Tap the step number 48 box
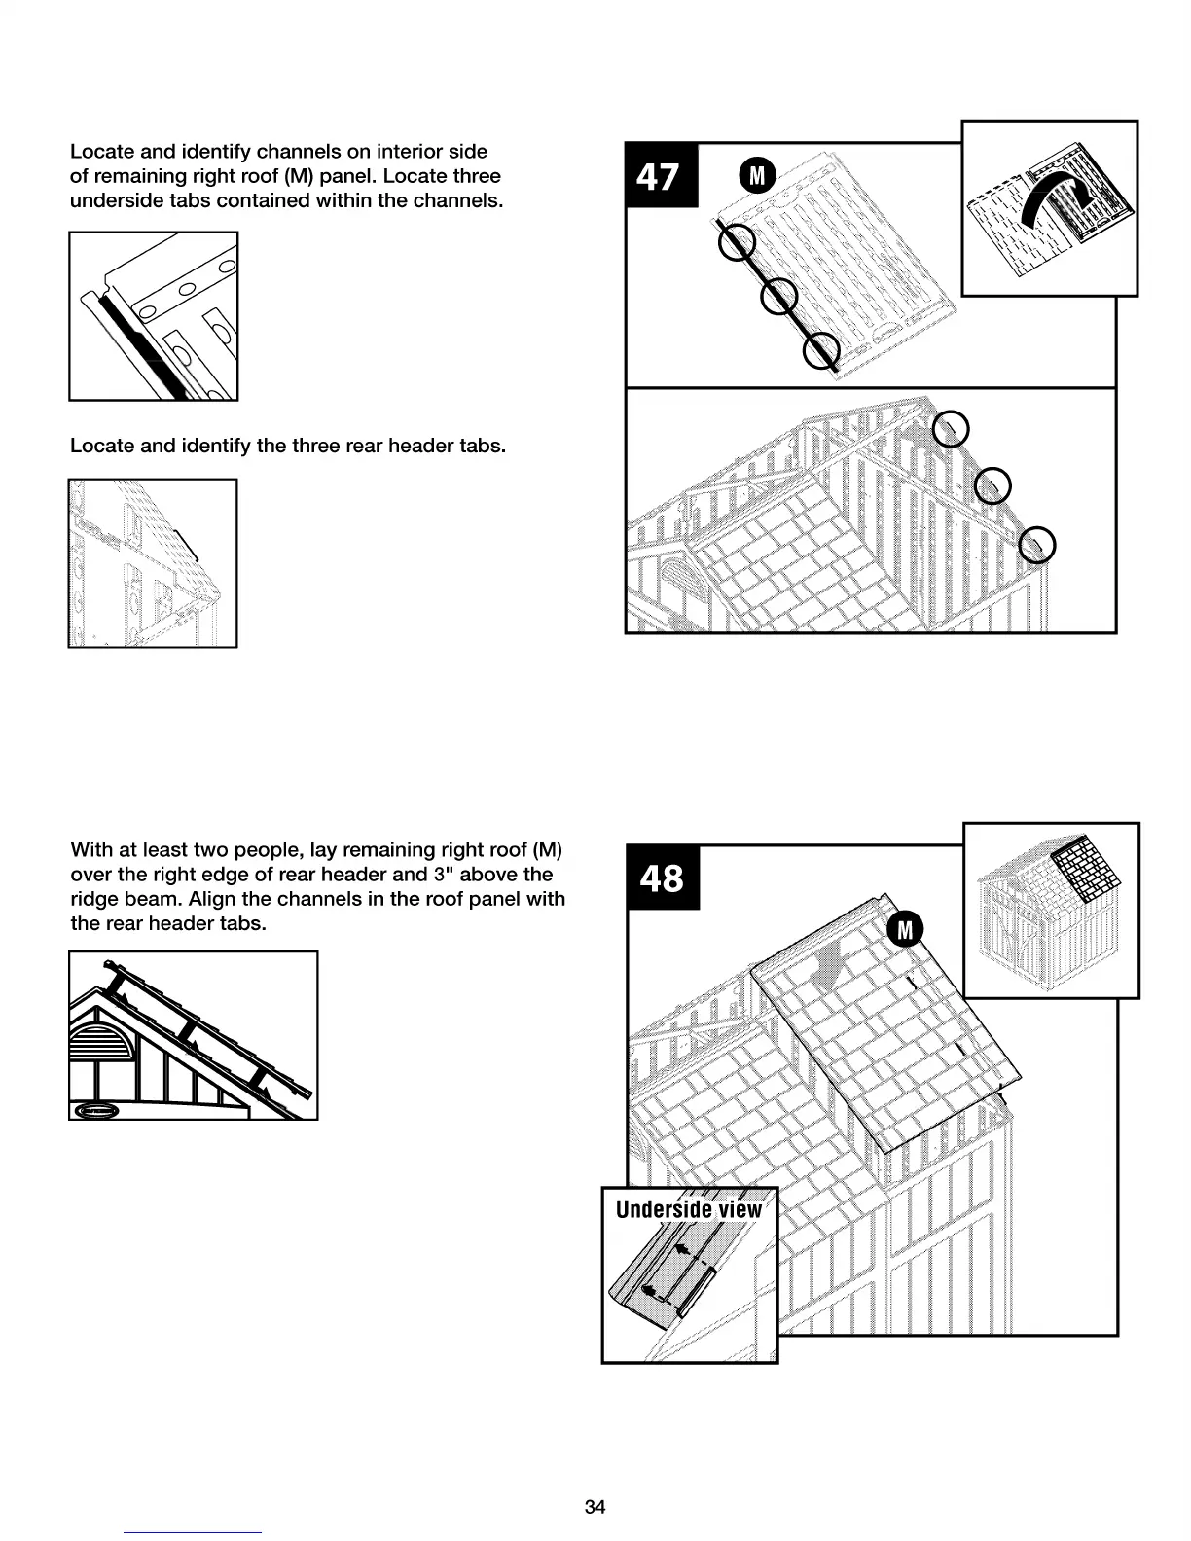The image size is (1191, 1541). (663, 878)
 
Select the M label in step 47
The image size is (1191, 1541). (758, 175)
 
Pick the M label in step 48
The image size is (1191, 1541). (905, 930)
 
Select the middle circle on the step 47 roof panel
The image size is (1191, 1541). (779, 296)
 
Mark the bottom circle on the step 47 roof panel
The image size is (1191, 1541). (822, 351)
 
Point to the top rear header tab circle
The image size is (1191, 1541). (951, 429)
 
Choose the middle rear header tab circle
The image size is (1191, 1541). (992, 485)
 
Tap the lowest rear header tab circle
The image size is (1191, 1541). (1037, 545)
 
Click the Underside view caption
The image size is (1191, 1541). (689, 1209)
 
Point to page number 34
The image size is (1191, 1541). (595, 1507)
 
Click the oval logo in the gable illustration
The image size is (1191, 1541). (96, 1110)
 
